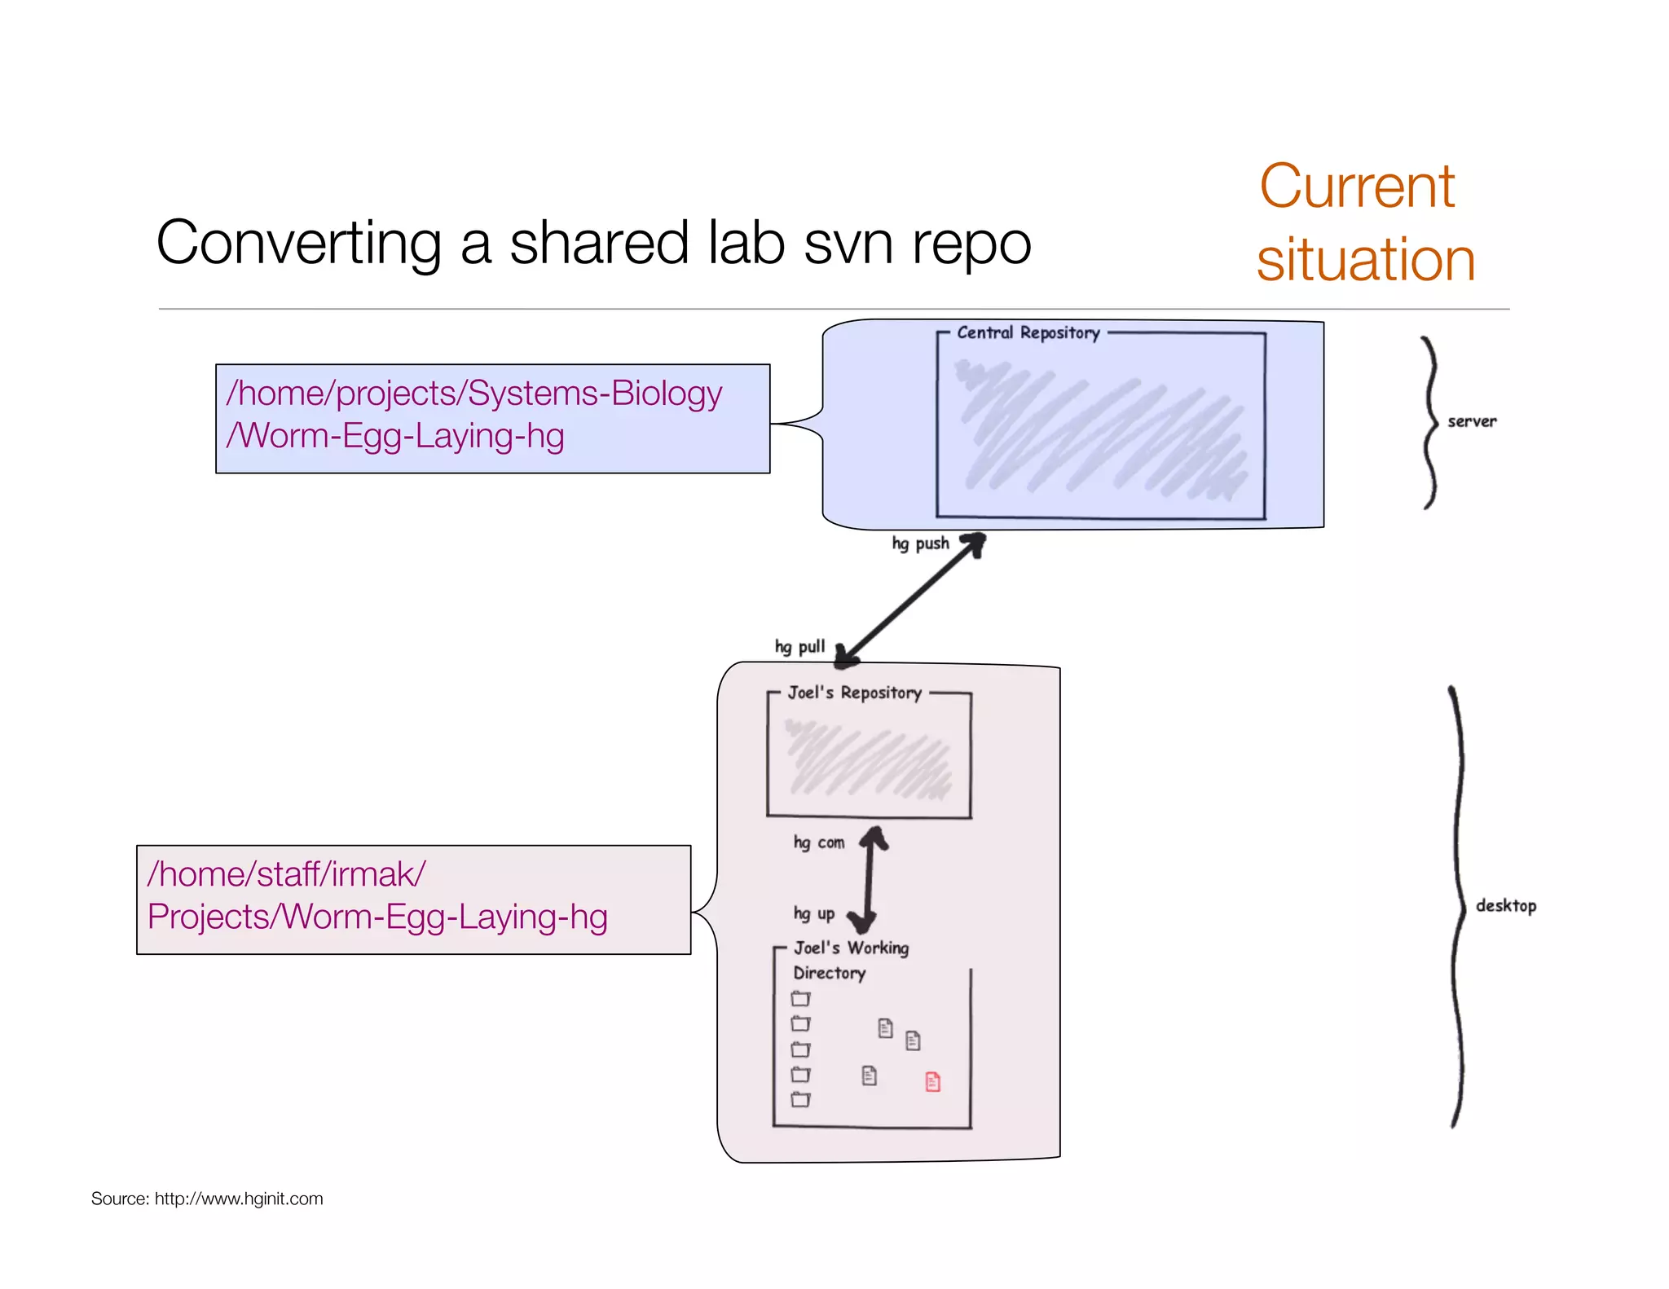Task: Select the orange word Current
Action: [1357, 187]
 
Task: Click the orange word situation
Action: [1366, 260]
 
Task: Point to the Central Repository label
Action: [1028, 332]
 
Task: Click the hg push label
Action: [920, 543]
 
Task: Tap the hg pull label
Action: [799, 647]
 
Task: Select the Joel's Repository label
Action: [854, 693]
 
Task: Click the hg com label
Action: [818, 842]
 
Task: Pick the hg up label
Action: [813, 913]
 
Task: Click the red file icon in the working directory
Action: [933, 1081]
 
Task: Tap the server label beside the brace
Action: [1472, 421]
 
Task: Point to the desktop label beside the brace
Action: [1506, 905]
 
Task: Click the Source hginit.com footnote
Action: [207, 1199]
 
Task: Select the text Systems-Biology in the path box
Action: [595, 394]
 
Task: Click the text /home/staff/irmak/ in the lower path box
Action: [286, 874]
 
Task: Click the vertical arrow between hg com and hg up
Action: [869, 878]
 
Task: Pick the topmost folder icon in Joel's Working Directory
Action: [801, 998]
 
